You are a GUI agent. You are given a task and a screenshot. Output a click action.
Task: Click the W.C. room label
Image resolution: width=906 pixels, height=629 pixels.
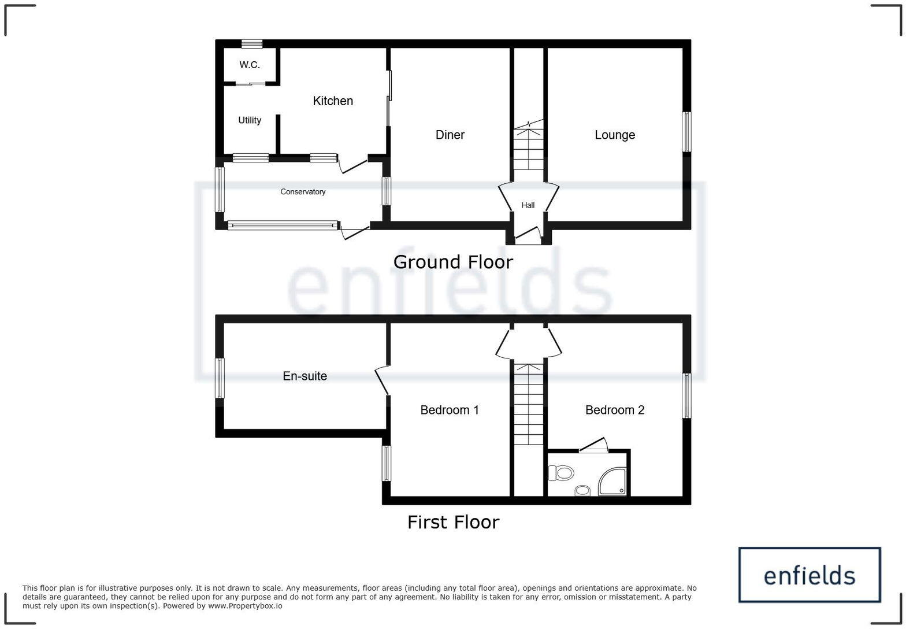click(250, 65)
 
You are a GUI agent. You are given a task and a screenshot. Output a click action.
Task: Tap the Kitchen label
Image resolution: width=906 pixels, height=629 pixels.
click(333, 101)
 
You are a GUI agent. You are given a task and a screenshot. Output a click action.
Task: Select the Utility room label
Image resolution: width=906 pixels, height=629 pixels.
click(250, 120)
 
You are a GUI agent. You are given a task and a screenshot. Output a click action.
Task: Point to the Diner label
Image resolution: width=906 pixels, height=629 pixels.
click(450, 135)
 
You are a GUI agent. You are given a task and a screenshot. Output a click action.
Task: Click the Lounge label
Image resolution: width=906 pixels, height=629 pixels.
click(615, 135)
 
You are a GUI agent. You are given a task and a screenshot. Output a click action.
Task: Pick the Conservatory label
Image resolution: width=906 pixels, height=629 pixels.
click(303, 192)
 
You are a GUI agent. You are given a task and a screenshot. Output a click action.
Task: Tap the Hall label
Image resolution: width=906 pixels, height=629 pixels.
click(528, 205)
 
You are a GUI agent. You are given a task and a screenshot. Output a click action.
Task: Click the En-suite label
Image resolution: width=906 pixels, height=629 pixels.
click(305, 376)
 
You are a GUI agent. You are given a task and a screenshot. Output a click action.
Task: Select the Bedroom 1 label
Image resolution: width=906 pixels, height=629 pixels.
click(449, 410)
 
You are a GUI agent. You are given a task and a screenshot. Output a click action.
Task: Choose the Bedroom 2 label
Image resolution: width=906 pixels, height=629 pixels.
click(615, 410)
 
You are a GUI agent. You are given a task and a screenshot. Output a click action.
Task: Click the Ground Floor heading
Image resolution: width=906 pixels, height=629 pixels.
click(453, 262)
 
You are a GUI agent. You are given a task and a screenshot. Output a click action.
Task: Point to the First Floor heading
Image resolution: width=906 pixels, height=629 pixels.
click(453, 522)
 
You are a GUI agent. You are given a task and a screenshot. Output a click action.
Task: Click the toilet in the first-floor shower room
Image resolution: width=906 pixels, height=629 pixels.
click(562, 473)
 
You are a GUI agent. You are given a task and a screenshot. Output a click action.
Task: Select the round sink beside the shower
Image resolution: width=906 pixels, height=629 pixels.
click(582, 491)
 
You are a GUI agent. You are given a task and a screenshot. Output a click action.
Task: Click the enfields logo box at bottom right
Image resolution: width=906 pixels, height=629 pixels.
click(809, 575)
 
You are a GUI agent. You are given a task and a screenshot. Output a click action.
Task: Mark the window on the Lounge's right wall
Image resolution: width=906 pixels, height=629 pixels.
click(686, 132)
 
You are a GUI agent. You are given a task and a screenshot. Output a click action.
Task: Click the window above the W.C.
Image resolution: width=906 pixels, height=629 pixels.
click(252, 44)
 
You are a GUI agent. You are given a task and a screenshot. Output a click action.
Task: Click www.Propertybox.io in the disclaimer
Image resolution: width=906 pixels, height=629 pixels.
click(245, 606)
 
